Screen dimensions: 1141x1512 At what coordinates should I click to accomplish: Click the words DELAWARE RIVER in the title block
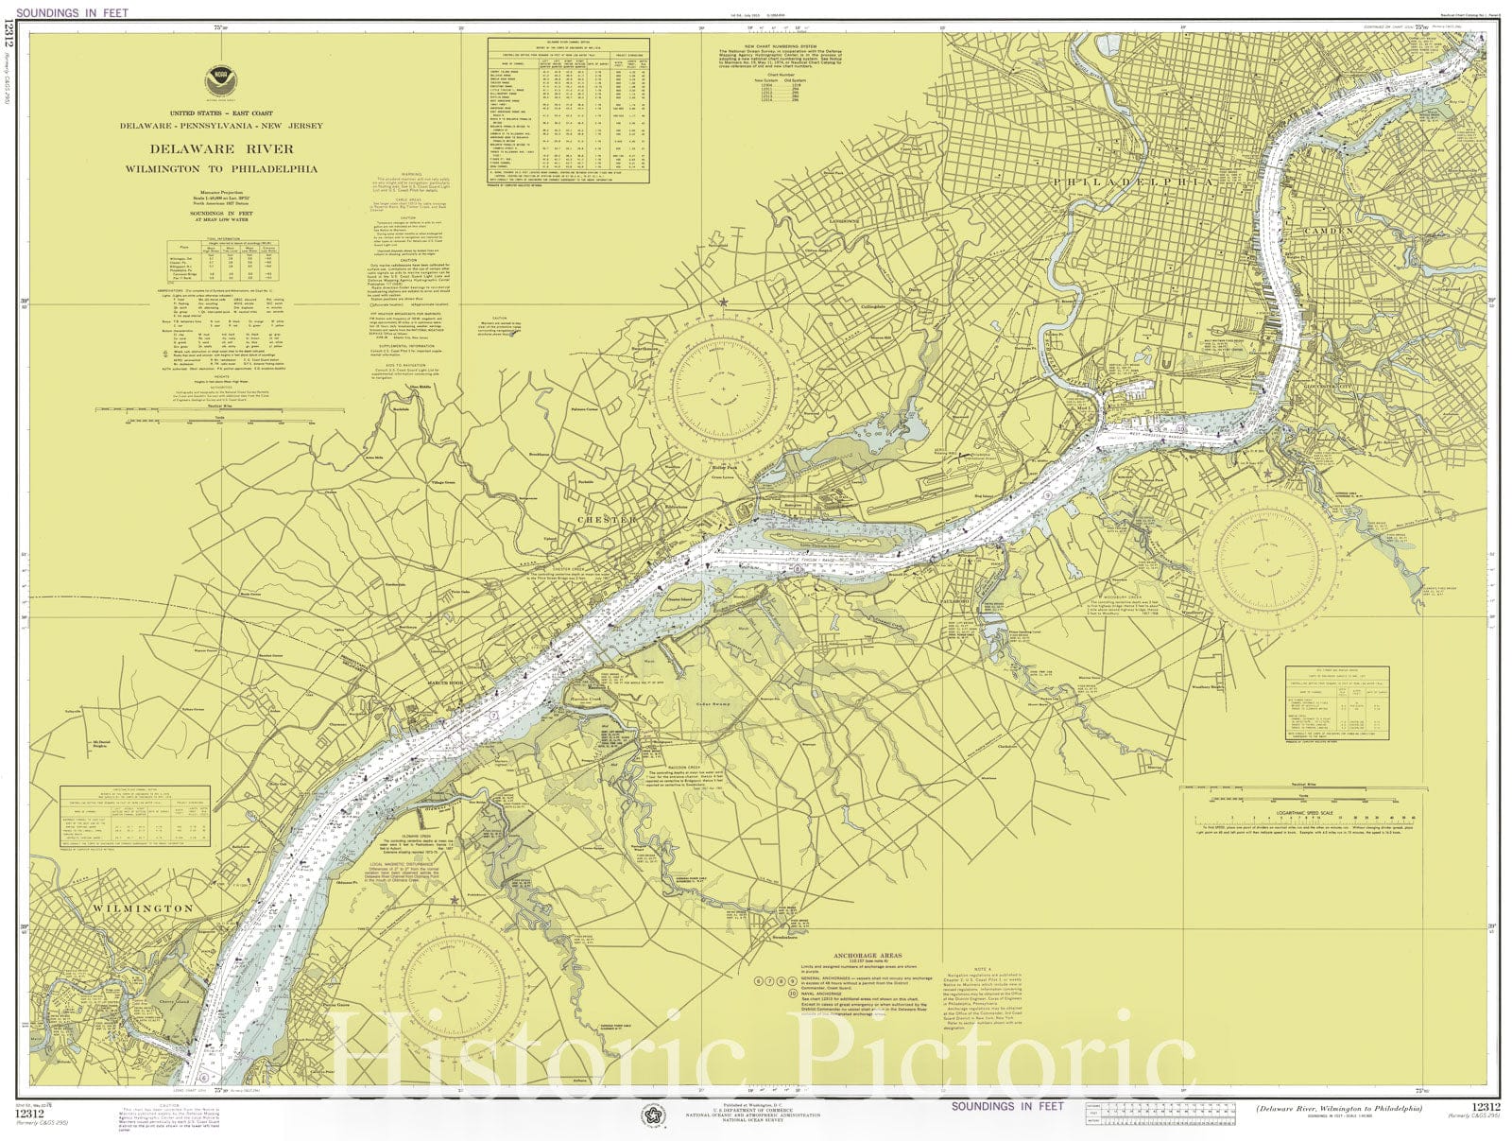point(221,148)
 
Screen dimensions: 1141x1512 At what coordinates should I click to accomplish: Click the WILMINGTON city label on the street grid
point(143,908)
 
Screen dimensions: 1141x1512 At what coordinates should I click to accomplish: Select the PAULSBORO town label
point(955,601)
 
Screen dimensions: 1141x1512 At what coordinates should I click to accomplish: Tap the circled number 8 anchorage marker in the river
point(798,571)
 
